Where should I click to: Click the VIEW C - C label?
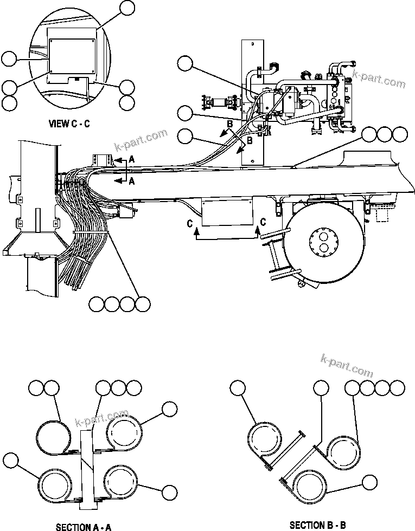pyautogui.click(x=69, y=124)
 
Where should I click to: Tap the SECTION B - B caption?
pyautogui.click(x=317, y=525)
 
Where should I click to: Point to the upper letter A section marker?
pyautogui.click(x=131, y=159)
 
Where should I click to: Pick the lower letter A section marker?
pyautogui.click(x=131, y=182)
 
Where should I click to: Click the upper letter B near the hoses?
pyautogui.click(x=229, y=125)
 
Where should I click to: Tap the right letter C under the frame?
pyautogui.click(x=263, y=221)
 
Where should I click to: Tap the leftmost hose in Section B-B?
pyautogui.click(x=264, y=438)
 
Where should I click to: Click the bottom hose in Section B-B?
pyautogui.click(x=306, y=485)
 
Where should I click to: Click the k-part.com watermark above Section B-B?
pyautogui.click(x=347, y=365)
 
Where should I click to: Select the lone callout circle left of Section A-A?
pyautogui.click(x=10, y=461)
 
